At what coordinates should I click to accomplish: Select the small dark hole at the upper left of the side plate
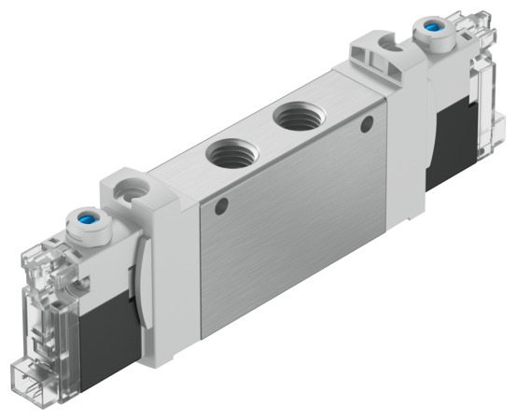pyautogui.click(x=221, y=207)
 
